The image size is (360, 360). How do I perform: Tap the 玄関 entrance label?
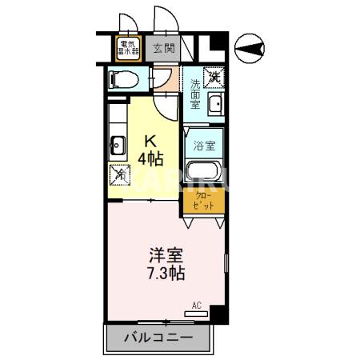163,47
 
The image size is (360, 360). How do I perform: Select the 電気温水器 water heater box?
127,47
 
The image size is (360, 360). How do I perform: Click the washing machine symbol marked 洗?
214,78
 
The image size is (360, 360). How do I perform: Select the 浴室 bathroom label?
203,146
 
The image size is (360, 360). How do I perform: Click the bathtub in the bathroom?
203,171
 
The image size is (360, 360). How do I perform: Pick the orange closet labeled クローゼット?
203,199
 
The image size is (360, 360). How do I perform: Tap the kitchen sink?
117,146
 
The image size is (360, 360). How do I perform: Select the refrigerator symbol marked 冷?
118,172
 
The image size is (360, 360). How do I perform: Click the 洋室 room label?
166,256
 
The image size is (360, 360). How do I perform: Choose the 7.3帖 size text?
166,274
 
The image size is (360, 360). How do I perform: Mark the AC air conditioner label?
196,305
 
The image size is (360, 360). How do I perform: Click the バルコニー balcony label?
158,338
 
